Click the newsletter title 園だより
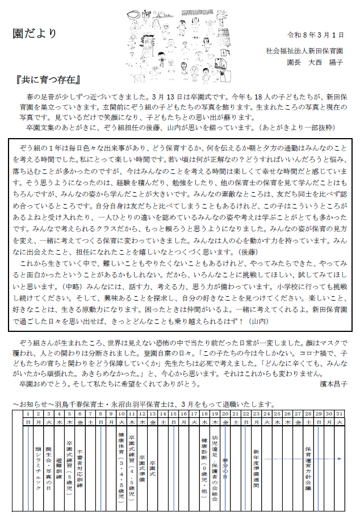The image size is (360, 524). coord(35,34)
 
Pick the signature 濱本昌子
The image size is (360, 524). coord(332,384)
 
